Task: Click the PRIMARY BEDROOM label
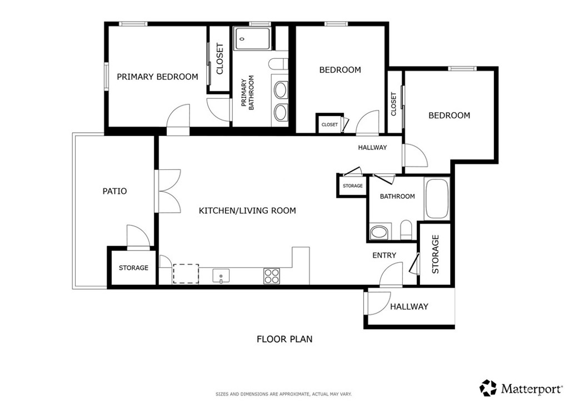coord(157,77)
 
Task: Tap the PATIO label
coord(115,191)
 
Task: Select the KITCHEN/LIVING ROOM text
coord(247,210)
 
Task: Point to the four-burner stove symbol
coord(272,276)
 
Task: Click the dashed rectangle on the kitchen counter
coord(186,274)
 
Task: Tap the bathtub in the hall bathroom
coord(436,199)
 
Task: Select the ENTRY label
coord(384,255)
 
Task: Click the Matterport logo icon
coord(488,388)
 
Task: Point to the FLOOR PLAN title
coord(284,339)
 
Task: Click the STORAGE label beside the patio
coord(133,268)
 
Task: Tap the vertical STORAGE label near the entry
coord(436,254)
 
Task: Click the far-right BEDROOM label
coord(449,115)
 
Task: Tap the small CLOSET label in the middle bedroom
coord(330,125)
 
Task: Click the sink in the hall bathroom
coord(380,232)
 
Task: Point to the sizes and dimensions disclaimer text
coord(283,394)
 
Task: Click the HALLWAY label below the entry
coord(409,306)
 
